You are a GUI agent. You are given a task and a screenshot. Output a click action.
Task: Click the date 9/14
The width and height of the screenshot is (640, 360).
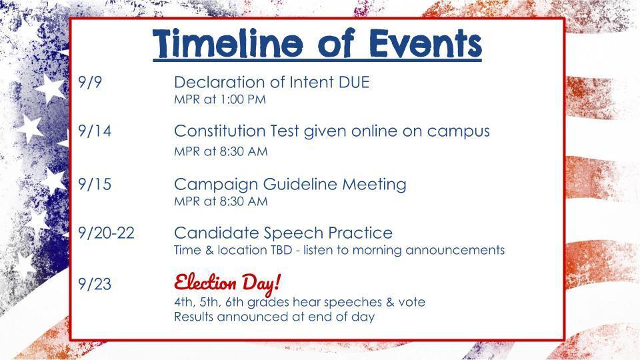coord(94,132)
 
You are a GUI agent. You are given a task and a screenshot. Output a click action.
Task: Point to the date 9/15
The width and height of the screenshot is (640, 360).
coord(94,185)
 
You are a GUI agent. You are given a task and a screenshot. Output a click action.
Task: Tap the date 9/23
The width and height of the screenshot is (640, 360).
coord(94,285)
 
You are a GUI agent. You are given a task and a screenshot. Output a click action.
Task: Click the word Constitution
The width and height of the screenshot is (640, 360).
coord(220,131)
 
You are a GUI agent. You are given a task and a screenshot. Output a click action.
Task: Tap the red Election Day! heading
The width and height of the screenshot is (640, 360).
coord(227,283)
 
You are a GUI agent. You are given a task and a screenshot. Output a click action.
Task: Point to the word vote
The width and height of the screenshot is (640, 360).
coord(411,302)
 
